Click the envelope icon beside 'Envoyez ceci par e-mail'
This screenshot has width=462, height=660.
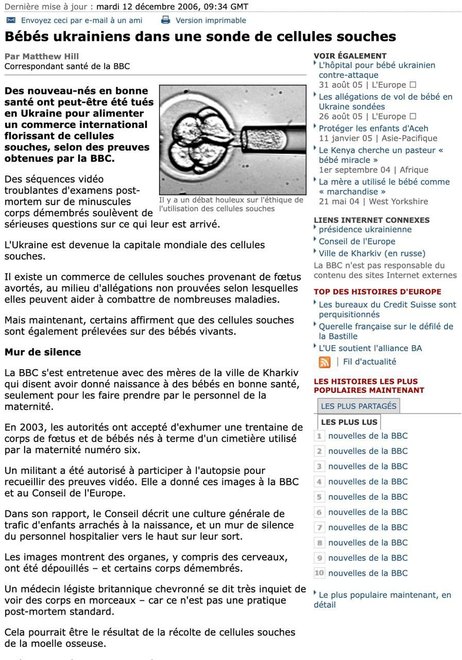pos(11,20)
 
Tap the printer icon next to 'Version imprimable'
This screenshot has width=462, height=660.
pos(165,20)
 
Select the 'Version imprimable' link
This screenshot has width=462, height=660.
pos(211,21)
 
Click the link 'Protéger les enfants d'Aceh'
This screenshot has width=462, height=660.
pos(373,128)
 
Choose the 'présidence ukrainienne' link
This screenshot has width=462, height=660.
pos(365,229)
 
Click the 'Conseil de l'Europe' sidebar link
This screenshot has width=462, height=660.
pos(357,241)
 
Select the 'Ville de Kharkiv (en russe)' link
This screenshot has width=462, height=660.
pos(372,253)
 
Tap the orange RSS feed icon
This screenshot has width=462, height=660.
pos(324,362)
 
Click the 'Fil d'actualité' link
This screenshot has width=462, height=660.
pos(369,362)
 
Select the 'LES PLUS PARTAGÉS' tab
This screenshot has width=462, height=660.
pos(358,406)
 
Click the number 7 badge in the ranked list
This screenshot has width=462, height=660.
pos(319,527)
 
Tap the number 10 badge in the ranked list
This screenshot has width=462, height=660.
pos(319,573)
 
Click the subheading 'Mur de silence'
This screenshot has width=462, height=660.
pos(43,352)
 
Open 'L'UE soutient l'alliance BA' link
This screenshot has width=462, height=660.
pos(370,348)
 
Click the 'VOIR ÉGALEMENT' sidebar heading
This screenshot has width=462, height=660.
pos(350,56)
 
